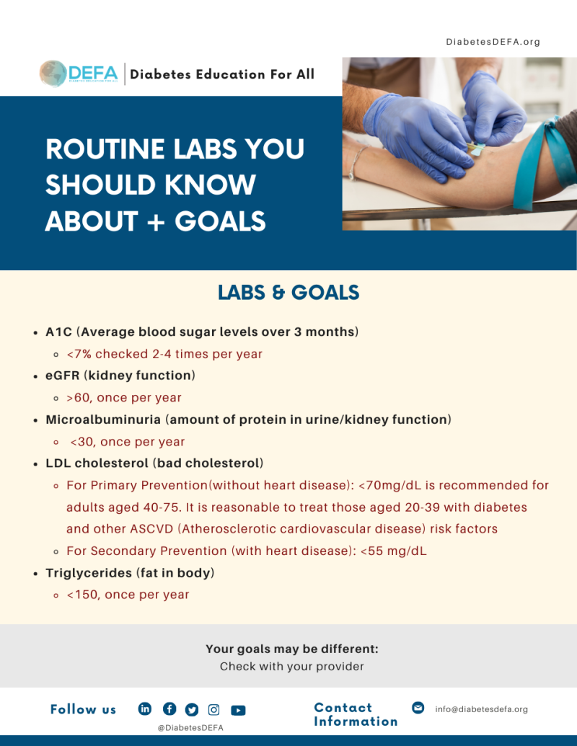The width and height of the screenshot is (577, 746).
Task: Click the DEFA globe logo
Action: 53,74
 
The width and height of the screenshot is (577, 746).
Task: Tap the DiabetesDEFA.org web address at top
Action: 493,42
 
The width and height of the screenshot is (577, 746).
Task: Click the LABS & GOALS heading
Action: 288,293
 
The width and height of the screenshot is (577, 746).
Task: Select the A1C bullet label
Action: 58,332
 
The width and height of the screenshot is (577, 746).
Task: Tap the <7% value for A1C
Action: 79,354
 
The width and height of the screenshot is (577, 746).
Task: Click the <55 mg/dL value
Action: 401,551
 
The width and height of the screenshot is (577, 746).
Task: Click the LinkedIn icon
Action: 145,709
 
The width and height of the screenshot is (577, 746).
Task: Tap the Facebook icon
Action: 169,709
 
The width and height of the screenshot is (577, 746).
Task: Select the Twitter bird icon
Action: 192,709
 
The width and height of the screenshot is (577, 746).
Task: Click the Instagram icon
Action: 213,709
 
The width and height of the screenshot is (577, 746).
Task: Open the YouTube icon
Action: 238,710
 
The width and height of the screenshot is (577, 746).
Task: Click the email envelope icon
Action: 418,708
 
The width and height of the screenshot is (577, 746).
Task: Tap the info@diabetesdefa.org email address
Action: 481,709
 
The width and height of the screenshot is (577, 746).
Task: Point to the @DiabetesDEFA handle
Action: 190,728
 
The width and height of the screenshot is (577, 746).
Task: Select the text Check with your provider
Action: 291,667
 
